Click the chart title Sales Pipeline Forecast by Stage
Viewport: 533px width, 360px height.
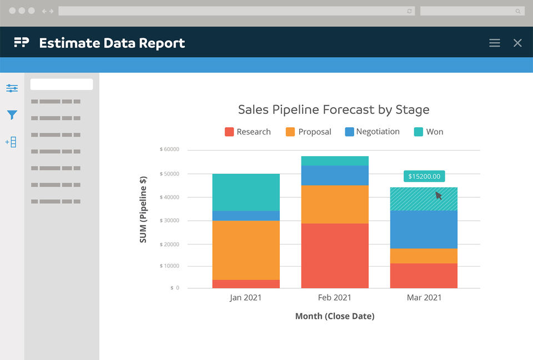pos(333,109)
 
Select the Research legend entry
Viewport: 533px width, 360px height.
pos(248,132)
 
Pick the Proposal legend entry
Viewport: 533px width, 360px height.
pos(308,132)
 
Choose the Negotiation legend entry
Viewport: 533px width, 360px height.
pos(372,132)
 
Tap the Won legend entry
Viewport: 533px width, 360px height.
pos(429,132)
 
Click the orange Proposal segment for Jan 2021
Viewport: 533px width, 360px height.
pos(246,250)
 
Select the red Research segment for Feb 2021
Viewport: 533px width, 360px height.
pos(335,256)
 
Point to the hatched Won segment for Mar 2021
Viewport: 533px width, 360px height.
pos(424,199)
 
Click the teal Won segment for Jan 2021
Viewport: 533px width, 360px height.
pos(246,192)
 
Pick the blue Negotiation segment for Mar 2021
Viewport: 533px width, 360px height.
pos(424,229)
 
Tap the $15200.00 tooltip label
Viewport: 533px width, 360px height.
pos(424,177)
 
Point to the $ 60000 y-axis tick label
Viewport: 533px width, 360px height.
pos(169,149)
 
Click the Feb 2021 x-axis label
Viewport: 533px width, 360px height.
pos(335,298)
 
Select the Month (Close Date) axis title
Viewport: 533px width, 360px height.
pos(335,316)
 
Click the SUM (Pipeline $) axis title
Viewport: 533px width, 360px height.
pos(143,209)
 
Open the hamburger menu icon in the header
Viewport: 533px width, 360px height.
pos(495,43)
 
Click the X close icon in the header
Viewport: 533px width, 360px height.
pos(517,43)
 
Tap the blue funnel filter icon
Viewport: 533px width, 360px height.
pos(12,115)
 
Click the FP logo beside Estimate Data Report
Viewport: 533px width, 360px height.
pos(22,43)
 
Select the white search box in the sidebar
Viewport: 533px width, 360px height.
pos(62,84)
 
